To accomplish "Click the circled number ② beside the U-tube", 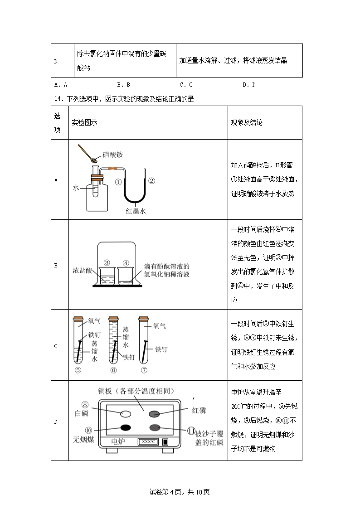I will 152,180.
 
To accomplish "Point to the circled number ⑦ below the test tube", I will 144,370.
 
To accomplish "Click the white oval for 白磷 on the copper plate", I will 126,413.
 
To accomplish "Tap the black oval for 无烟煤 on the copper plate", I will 125,427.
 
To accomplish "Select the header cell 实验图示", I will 84,123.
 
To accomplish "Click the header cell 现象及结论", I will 247,123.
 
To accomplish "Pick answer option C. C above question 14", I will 186,84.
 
